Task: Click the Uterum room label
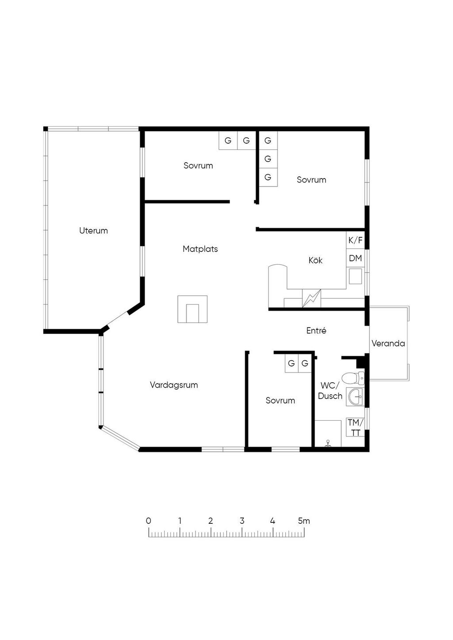click(x=93, y=231)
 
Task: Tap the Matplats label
click(x=200, y=249)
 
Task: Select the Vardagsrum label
click(x=174, y=385)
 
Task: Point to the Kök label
click(x=315, y=260)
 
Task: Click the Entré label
click(x=316, y=331)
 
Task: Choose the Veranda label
click(x=388, y=343)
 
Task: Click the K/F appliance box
click(x=355, y=240)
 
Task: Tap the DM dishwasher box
click(x=355, y=258)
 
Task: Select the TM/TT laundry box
click(x=356, y=427)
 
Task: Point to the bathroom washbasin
click(x=355, y=396)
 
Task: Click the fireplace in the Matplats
click(x=192, y=309)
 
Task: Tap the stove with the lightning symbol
click(x=311, y=298)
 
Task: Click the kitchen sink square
click(x=356, y=276)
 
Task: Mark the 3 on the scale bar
click(x=242, y=521)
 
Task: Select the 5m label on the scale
click(x=304, y=521)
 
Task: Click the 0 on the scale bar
click(x=148, y=521)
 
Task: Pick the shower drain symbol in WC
click(x=328, y=443)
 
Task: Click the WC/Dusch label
click(x=330, y=391)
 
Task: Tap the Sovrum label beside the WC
click(x=280, y=400)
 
